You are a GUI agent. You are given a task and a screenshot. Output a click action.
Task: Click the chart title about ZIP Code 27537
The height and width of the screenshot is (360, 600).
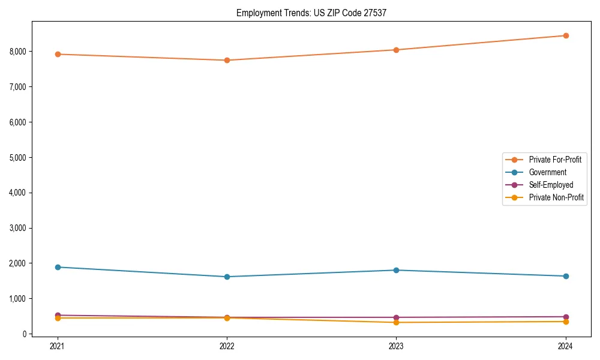[x=311, y=13]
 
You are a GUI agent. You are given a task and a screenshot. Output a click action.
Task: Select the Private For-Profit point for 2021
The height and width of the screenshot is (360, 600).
[x=58, y=54]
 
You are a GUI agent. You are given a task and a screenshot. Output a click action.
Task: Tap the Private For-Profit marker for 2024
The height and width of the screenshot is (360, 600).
[x=566, y=35]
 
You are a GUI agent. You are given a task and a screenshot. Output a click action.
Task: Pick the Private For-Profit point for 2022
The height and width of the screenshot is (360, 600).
[x=227, y=60]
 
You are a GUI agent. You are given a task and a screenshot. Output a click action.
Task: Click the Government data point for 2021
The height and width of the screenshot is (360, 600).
[x=58, y=267]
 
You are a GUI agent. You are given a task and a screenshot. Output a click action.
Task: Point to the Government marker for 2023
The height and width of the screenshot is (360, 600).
[x=396, y=270]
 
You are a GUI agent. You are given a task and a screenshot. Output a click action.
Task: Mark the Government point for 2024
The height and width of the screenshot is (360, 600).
[x=566, y=276]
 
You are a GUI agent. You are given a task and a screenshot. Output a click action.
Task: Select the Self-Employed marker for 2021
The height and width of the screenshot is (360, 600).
[x=58, y=315]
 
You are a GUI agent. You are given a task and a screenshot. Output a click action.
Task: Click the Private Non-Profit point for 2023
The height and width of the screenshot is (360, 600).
[x=396, y=322]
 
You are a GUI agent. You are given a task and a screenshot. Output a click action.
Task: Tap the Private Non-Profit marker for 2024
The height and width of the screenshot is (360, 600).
[x=566, y=322]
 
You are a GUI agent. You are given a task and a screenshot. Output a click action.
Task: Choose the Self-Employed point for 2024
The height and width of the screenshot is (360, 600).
[x=566, y=316]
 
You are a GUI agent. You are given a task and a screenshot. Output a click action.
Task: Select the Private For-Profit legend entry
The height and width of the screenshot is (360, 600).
[x=554, y=160]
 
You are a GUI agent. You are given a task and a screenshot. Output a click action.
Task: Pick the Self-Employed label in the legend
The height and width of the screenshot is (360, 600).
[x=551, y=185]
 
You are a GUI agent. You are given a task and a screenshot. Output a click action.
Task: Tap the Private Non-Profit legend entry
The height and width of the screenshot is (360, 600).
[x=556, y=197]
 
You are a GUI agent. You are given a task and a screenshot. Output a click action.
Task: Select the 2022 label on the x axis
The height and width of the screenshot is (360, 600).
[x=227, y=346]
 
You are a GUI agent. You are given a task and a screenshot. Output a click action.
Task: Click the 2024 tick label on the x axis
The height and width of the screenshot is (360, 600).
[x=566, y=346]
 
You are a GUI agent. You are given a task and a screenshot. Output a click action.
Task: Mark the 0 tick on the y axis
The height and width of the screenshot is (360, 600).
[x=25, y=334]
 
